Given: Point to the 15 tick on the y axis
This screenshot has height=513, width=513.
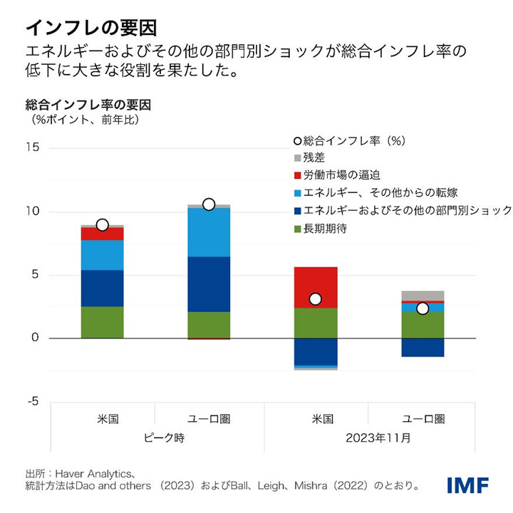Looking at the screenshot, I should point(34,148).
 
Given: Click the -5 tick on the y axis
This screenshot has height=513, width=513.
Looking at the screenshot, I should point(34,402).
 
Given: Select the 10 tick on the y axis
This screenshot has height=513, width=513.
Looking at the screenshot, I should point(34,212).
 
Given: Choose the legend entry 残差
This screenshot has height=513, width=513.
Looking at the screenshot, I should point(314,158).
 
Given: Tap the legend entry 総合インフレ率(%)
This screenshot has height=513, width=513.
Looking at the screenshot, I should point(349,141).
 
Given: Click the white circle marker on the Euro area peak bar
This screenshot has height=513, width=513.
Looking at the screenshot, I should point(209,204).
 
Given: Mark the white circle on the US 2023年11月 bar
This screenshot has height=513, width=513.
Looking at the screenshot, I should point(316,299).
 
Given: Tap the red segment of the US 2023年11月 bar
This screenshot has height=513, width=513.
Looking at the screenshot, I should point(316,281).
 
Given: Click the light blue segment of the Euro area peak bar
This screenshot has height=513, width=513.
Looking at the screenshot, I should point(209,232).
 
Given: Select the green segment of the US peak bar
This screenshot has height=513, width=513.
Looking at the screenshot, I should point(103,322).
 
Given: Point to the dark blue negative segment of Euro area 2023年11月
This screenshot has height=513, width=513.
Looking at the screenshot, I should point(423,347).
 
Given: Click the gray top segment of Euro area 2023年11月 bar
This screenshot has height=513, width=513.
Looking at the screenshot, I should point(423,295).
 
